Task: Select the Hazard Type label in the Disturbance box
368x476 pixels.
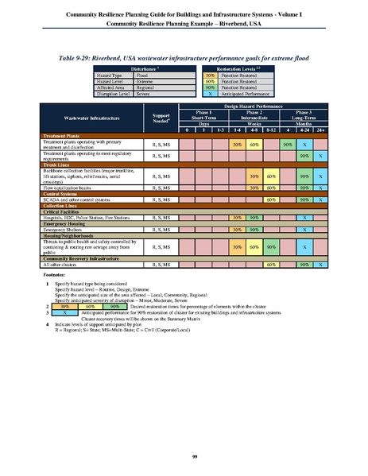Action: (110, 75)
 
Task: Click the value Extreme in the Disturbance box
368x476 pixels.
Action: (144, 81)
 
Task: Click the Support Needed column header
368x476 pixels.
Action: (161, 120)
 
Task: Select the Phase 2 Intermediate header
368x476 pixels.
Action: (254, 117)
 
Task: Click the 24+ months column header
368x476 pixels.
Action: (320, 130)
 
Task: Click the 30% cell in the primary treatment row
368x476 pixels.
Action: (237, 145)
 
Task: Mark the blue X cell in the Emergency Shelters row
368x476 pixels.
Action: (304, 230)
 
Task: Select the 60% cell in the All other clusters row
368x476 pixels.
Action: (270, 263)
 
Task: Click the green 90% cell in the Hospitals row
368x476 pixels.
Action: (254, 217)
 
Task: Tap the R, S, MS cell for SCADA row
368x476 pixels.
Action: (161, 199)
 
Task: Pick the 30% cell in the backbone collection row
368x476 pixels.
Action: (254, 176)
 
